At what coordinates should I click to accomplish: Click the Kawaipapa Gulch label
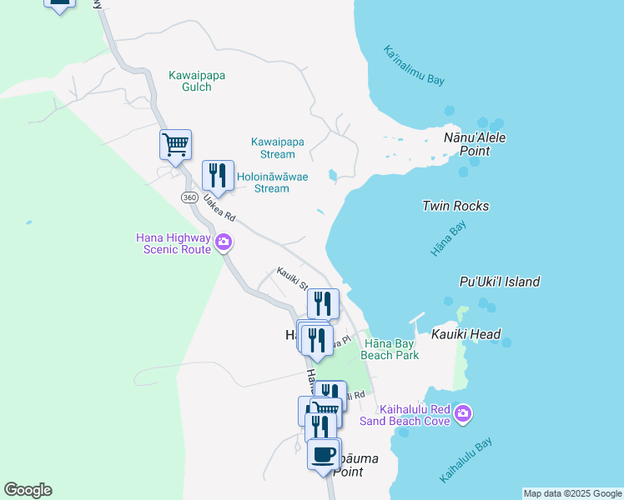pyautogui.click(x=197, y=81)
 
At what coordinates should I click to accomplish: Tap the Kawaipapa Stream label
pyautogui.click(x=273, y=147)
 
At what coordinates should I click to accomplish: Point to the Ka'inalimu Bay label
pyautogui.click(x=414, y=65)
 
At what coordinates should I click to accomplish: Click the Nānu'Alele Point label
pyautogui.click(x=475, y=144)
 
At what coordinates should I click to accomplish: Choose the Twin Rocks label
pyautogui.click(x=455, y=206)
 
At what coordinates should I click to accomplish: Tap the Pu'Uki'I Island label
pyautogui.click(x=499, y=282)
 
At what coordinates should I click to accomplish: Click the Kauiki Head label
pyautogui.click(x=466, y=334)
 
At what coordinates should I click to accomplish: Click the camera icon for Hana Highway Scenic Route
pyautogui.click(x=224, y=242)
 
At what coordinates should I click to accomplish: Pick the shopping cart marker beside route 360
pyautogui.click(x=175, y=144)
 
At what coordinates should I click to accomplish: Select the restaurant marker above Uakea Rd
pyautogui.click(x=218, y=175)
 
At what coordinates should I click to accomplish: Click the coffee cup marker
pyautogui.click(x=324, y=454)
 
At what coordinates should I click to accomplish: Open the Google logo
pyautogui.click(x=28, y=490)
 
